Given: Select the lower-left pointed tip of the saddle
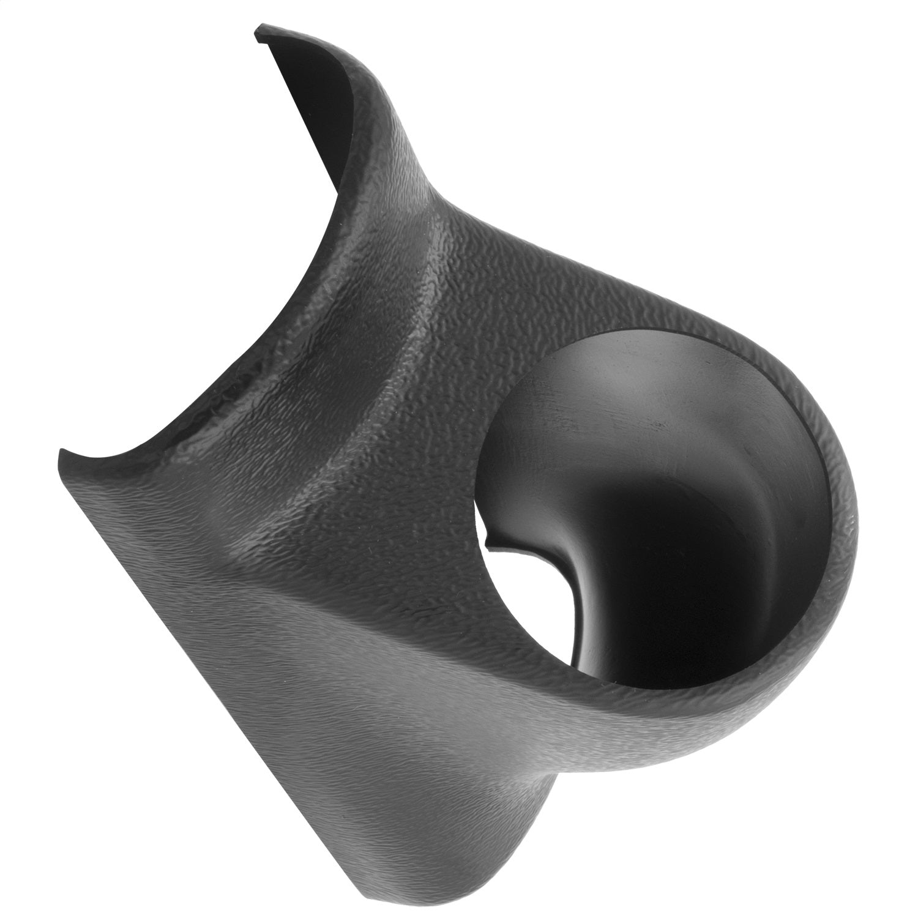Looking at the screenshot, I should pos(61,452).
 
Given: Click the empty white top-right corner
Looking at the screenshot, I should pos(857,61).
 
